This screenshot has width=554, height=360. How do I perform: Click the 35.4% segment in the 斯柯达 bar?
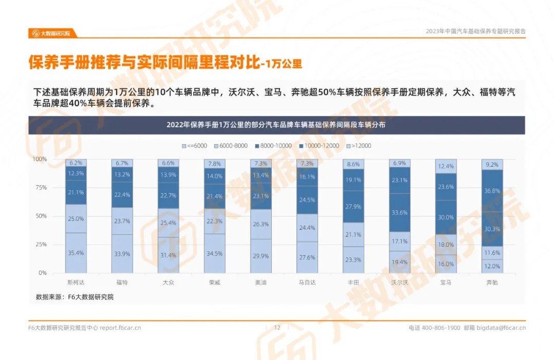[x=76, y=252]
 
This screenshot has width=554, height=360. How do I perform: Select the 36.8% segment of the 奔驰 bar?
[x=492, y=191]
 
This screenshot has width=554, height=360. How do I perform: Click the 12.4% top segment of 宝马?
[x=446, y=166]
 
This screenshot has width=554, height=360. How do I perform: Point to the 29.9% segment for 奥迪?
[x=261, y=256]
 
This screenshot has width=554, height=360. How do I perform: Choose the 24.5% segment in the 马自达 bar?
[x=307, y=200]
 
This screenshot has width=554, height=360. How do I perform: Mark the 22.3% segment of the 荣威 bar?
[x=214, y=221]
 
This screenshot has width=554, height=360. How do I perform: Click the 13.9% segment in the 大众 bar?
[x=168, y=175]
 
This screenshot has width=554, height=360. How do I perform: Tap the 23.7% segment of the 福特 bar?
[x=122, y=221]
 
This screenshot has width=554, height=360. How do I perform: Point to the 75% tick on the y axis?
[x=40, y=188]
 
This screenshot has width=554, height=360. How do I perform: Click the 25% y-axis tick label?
[x=40, y=244]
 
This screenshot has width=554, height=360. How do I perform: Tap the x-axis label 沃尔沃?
[x=400, y=282]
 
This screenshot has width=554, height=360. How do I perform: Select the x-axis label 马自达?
[x=307, y=282]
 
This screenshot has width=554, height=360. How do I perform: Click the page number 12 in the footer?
[x=278, y=328]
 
